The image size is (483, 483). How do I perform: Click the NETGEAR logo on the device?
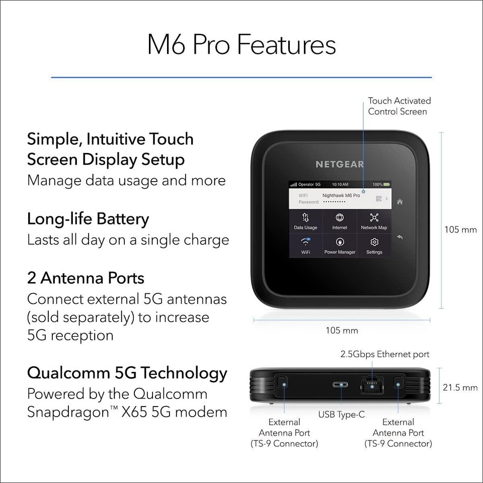340,164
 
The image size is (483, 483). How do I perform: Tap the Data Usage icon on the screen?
305,218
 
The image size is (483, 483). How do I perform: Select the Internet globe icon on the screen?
340,218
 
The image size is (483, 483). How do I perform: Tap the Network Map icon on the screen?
374,218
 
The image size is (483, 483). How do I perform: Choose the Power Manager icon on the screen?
340,242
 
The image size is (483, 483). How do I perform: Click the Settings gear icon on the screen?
374,242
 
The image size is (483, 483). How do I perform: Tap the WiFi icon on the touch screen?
305,242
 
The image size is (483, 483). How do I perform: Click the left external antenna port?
283,383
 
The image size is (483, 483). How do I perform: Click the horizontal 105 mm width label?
342,331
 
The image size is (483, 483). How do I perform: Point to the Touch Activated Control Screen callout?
399,106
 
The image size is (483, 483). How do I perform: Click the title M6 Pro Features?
242,45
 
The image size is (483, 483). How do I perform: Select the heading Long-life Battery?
88,219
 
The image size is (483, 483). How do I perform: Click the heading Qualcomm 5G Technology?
127,373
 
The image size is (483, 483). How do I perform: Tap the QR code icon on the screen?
378,199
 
